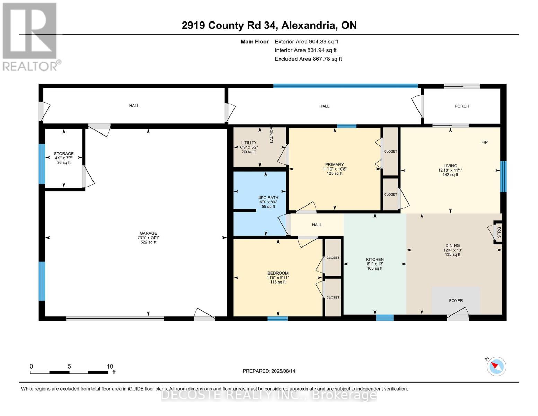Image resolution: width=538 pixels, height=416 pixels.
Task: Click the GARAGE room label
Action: (x=148, y=233)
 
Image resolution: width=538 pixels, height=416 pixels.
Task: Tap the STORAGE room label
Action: (x=64, y=154)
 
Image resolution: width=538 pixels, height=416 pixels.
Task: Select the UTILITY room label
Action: (x=249, y=143)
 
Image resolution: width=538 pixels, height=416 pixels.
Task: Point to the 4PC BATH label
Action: (x=268, y=198)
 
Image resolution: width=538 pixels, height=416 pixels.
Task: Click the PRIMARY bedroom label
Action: (x=335, y=165)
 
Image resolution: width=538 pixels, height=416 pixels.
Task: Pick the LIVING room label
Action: (x=450, y=166)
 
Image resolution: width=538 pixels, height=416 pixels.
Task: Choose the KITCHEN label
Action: (x=375, y=259)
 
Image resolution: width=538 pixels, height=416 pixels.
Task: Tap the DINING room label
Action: (x=452, y=245)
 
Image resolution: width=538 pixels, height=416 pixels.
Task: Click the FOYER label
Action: (x=456, y=301)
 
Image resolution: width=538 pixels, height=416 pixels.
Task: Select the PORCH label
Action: (x=462, y=106)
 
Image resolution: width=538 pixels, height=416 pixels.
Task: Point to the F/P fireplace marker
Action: (x=485, y=142)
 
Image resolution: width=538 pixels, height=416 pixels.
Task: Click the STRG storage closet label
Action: (x=499, y=232)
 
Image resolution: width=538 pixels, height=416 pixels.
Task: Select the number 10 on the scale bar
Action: (x=110, y=366)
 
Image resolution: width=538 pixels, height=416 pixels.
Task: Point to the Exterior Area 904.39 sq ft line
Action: (x=307, y=42)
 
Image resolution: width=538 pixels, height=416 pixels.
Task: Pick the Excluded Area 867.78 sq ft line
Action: (x=308, y=59)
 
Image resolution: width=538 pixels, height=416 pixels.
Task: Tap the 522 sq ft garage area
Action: (x=148, y=242)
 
